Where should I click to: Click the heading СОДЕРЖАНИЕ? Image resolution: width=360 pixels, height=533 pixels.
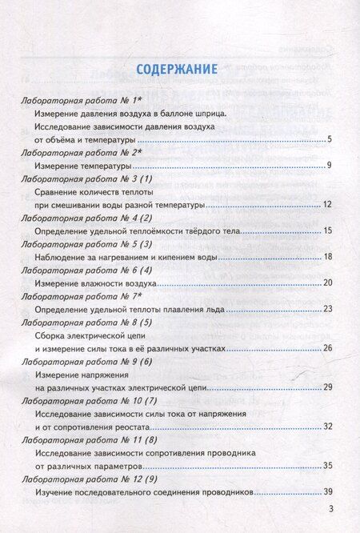click(179, 69)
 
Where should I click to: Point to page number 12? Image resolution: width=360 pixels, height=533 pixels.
click(326, 205)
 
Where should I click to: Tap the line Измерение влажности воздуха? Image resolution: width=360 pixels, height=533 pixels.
click(96, 283)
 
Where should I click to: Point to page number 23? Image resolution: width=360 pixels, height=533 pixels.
click(326, 308)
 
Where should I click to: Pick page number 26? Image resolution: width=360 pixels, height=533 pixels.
click(326, 348)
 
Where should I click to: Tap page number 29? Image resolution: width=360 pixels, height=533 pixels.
click(326, 387)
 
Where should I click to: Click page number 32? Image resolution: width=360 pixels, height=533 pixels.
click(326, 426)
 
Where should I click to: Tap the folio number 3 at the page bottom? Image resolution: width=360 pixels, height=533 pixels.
click(330, 517)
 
